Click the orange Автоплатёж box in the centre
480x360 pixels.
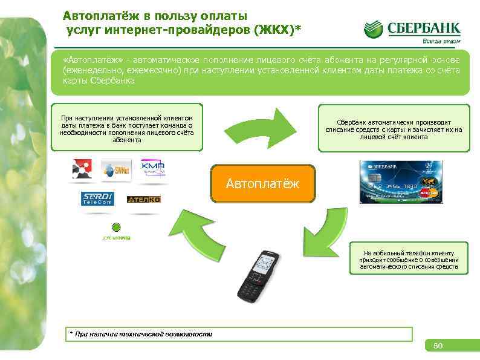pyautogui.click(x=262, y=183)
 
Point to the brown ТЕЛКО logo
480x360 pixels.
pyautogui.click(x=144, y=199)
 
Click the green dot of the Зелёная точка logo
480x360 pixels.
pyautogui.click(x=117, y=227)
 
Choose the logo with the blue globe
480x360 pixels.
pyautogui.click(x=116, y=170)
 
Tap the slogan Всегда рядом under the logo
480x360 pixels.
pyautogui.click(x=441, y=41)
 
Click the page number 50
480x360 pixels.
pyautogui.click(x=438, y=346)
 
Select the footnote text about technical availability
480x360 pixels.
pyautogui.click(x=142, y=334)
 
